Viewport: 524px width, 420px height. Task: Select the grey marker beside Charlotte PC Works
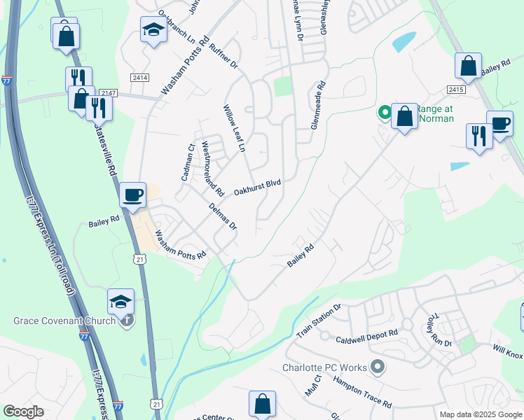(x=378, y=366)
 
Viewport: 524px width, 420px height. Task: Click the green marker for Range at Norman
(x=385, y=112)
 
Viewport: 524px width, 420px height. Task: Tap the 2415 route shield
(x=456, y=90)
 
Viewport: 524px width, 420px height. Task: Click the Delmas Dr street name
(x=223, y=216)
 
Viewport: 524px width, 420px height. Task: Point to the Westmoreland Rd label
(x=212, y=169)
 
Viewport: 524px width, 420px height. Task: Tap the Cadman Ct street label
(x=187, y=162)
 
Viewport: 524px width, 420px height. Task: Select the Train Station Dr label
(x=318, y=321)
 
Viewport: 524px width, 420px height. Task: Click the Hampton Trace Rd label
(x=362, y=392)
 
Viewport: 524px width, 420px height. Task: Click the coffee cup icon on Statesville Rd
(x=132, y=195)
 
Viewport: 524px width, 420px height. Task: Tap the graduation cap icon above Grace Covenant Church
(x=120, y=301)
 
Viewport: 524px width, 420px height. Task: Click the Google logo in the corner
(x=23, y=412)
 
